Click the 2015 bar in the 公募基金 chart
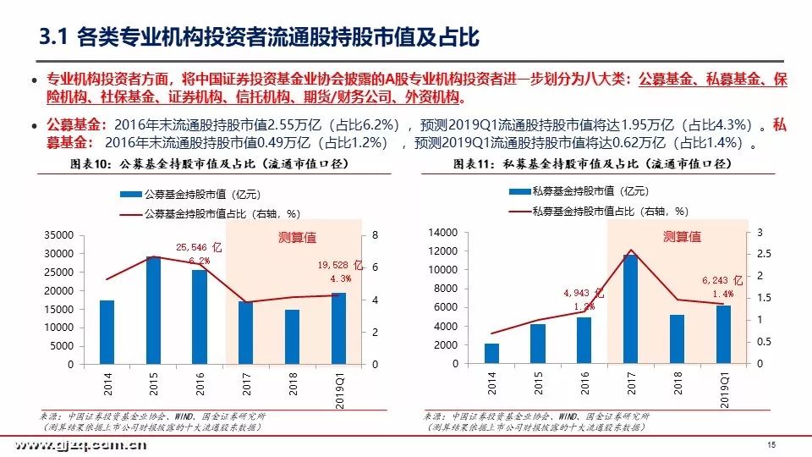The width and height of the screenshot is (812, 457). coord(153,310)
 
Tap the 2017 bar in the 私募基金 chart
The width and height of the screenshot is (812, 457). coord(630,309)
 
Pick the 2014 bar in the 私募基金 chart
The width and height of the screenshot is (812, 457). coord(491,354)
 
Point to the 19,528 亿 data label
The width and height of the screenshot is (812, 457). coord(336,265)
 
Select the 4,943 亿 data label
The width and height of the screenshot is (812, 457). coord(584,293)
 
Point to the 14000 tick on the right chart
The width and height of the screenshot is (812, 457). coord(444,233)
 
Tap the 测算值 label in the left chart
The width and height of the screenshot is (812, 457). coord(298,237)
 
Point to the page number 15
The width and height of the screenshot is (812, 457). coord(771,444)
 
